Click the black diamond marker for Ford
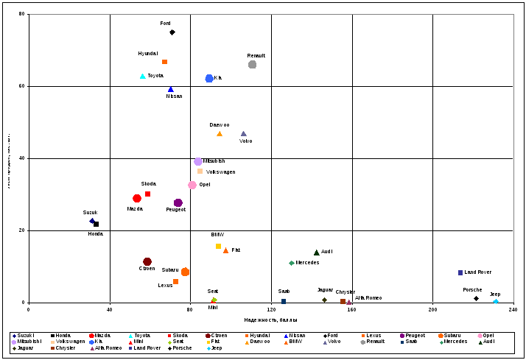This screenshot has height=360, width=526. pyautogui.click(x=172, y=32)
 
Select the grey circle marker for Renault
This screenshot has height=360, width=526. pyautogui.click(x=252, y=65)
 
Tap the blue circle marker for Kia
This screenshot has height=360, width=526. pyautogui.click(x=209, y=78)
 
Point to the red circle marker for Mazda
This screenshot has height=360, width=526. pyautogui.click(x=137, y=199)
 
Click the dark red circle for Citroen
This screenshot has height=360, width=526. pyautogui.click(x=147, y=262)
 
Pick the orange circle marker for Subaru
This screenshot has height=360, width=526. pyautogui.click(x=185, y=272)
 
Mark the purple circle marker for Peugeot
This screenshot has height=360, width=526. pyautogui.click(x=178, y=203)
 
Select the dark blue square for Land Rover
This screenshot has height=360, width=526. pyautogui.click(x=460, y=273)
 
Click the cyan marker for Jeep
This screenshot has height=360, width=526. pyautogui.click(x=495, y=301)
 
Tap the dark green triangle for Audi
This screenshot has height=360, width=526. pyautogui.click(x=316, y=253)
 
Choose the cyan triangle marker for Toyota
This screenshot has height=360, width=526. pyautogui.click(x=143, y=77)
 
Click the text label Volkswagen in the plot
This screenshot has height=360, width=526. pyautogui.click(x=220, y=172)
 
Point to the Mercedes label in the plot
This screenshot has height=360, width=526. pyautogui.click(x=307, y=263)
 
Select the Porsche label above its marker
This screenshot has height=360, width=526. pyautogui.click(x=472, y=290)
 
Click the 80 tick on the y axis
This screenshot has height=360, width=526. pyautogui.click(x=22, y=14)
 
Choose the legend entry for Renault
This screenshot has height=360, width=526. pyautogui.click(x=374, y=342)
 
